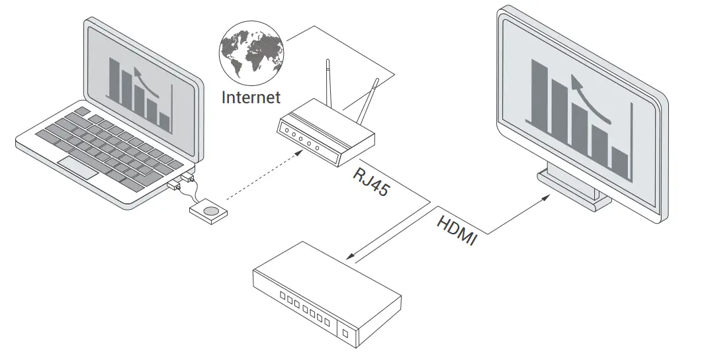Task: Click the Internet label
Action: point(251,97)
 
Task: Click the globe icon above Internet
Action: point(253,52)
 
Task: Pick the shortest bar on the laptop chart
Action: point(165,121)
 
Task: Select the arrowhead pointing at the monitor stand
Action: point(546,197)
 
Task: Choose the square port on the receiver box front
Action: point(345,330)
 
